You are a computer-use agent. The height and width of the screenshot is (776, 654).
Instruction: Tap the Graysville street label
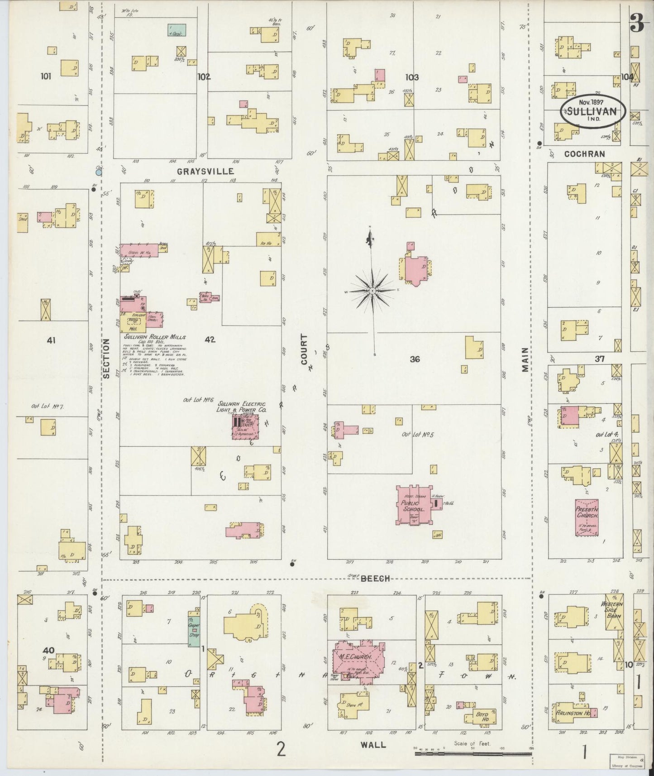[x=205, y=171]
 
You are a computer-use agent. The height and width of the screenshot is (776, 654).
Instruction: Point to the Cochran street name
[x=584, y=154]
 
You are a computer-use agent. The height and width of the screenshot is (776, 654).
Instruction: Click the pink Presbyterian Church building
[x=587, y=517]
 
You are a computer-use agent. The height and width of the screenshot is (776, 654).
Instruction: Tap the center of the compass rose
[x=372, y=290]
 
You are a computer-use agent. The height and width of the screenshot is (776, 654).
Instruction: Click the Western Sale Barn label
[x=612, y=609]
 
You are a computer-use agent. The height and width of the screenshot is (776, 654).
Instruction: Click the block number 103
[x=412, y=77]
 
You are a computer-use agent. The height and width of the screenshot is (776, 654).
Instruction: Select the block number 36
[x=415, y=359]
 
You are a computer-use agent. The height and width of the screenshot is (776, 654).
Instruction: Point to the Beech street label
[x=374, y=579]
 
